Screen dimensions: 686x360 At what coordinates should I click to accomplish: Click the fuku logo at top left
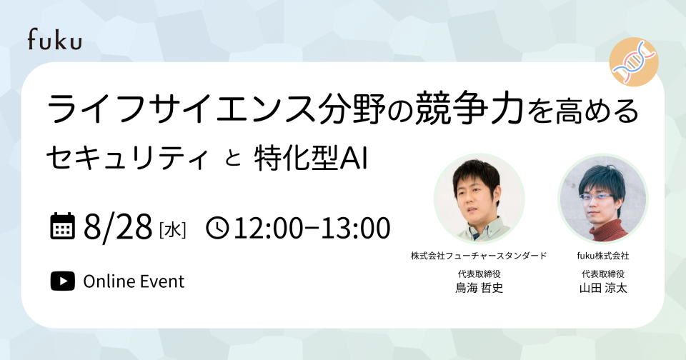pos(55,39)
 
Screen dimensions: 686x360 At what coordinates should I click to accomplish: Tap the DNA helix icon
pos(634,61)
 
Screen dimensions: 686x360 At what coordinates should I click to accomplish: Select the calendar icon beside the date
pos(63,226)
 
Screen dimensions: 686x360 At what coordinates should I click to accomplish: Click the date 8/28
pos(118,226)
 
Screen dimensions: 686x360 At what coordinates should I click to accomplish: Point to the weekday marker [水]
pos(173,230)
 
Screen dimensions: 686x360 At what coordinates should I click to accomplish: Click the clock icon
pos(217,227)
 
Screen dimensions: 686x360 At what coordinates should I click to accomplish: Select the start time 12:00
pos(267,227)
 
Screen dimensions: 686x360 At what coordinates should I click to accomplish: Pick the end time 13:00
pos(355,227)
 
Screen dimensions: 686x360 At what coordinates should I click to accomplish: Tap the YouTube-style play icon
pos(63,281)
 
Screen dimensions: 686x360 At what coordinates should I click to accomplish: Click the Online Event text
pos(134,281)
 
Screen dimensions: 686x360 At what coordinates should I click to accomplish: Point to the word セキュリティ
pos(126,159)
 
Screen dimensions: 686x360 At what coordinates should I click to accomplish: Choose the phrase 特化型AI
pos(310,159)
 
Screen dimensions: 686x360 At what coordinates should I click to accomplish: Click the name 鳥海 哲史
pos(479,288)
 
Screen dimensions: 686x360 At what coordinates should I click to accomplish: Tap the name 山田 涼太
pos(603,288)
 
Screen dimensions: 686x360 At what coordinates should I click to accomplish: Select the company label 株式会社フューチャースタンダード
pos(479,256)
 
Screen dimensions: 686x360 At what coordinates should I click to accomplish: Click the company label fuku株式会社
pos(603,256)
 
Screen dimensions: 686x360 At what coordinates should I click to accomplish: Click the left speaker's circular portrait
pos(479,199)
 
